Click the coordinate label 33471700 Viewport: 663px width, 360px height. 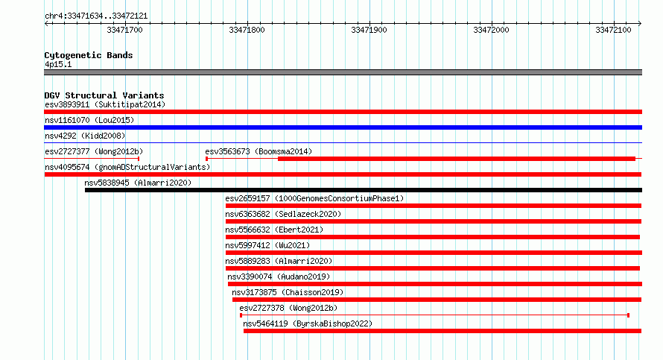(x=124, y=30)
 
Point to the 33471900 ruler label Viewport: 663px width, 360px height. (x=369, y=30)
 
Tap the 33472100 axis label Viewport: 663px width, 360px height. (x=613, y=30)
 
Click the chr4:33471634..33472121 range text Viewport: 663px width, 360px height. (x=96, y=16)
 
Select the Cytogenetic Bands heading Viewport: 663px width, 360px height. (x=89, y=55)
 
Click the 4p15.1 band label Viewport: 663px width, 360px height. (x=58, y=64)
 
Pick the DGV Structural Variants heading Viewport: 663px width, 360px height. (x=104, y=95)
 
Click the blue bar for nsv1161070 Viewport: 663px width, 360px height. (x=343, y=127)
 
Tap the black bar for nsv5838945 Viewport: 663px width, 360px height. (x=364, y=190)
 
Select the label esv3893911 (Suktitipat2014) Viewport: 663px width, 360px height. (x=105, y=104)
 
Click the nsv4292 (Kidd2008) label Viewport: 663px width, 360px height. (x=85, y=136)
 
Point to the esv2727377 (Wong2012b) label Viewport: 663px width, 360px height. (x=94, y=151)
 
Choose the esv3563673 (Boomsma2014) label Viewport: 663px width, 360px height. (x=258, y=151)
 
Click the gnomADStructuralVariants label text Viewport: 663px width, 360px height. (x=152, y=167)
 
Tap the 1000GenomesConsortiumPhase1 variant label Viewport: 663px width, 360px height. (x=339, y=198)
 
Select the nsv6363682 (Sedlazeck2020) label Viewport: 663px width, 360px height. (x=283, y=214)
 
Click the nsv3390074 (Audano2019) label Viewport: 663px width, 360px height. (x=279, y=277)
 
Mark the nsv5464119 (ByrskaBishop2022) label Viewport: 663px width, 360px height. (x=308, y=323)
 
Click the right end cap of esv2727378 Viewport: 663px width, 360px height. (x=628, y=315)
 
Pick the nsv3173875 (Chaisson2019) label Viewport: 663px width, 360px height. (x=288, y=292)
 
